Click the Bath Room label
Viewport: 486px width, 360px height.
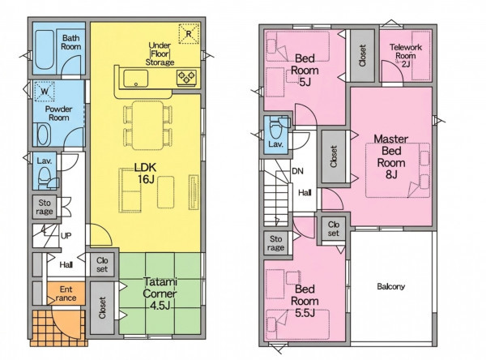click(71, 42)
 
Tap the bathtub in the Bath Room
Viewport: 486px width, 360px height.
click(45, 49)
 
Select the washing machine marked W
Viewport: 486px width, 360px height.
click(45, 92)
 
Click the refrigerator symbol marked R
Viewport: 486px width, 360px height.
click(189, 33)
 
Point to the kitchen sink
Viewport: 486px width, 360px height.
click(136, 79)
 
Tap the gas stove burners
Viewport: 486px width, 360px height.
click(186, 78)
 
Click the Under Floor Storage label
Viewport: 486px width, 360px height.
click(160, 54)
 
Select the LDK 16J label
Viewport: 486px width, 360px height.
click(145, 174)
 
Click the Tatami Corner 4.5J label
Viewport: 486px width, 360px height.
click(160, 294)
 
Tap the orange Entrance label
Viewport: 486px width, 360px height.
click(66, 294)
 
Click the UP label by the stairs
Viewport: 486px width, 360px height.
click(66, 236)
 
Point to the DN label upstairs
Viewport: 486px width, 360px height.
click(297, 171)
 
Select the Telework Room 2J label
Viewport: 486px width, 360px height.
click(406, 56)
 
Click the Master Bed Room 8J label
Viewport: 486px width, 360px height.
click(391, 156)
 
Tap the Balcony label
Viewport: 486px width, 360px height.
click(391, 286)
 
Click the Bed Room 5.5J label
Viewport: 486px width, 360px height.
click(305, 301)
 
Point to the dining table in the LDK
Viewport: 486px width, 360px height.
click(148, 125)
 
